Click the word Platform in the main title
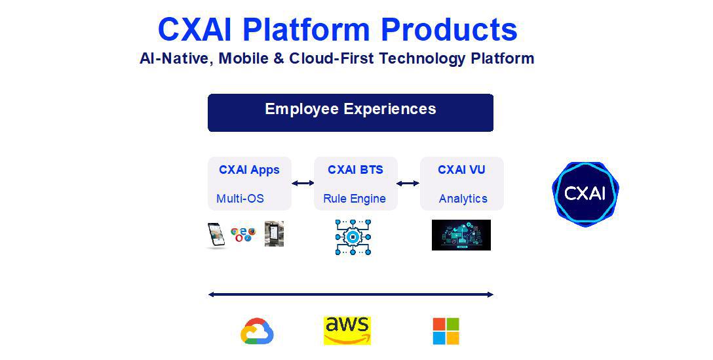tap(306, 30)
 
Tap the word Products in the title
tap(450, 30)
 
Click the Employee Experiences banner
tap(351, 113)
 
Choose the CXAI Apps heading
tap(249, 170)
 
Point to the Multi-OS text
tap(240, 199)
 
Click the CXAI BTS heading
tap(356, 170)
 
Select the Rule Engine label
tap(355, 199)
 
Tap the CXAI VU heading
tap(461, 170)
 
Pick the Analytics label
tap(463, 199)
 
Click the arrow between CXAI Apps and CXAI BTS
tap(303, 184)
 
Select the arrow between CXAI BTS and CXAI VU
tap(408, 184)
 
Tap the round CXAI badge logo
tap(585, 194)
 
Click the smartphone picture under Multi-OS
tap(216, 235)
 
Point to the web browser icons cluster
tap(243, 234)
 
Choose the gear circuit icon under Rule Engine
tap(353, 237)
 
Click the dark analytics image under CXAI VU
tap(461, 235)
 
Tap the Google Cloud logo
tap(257, 331)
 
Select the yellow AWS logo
tap(347, 331)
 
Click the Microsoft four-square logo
tap(446, 331)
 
